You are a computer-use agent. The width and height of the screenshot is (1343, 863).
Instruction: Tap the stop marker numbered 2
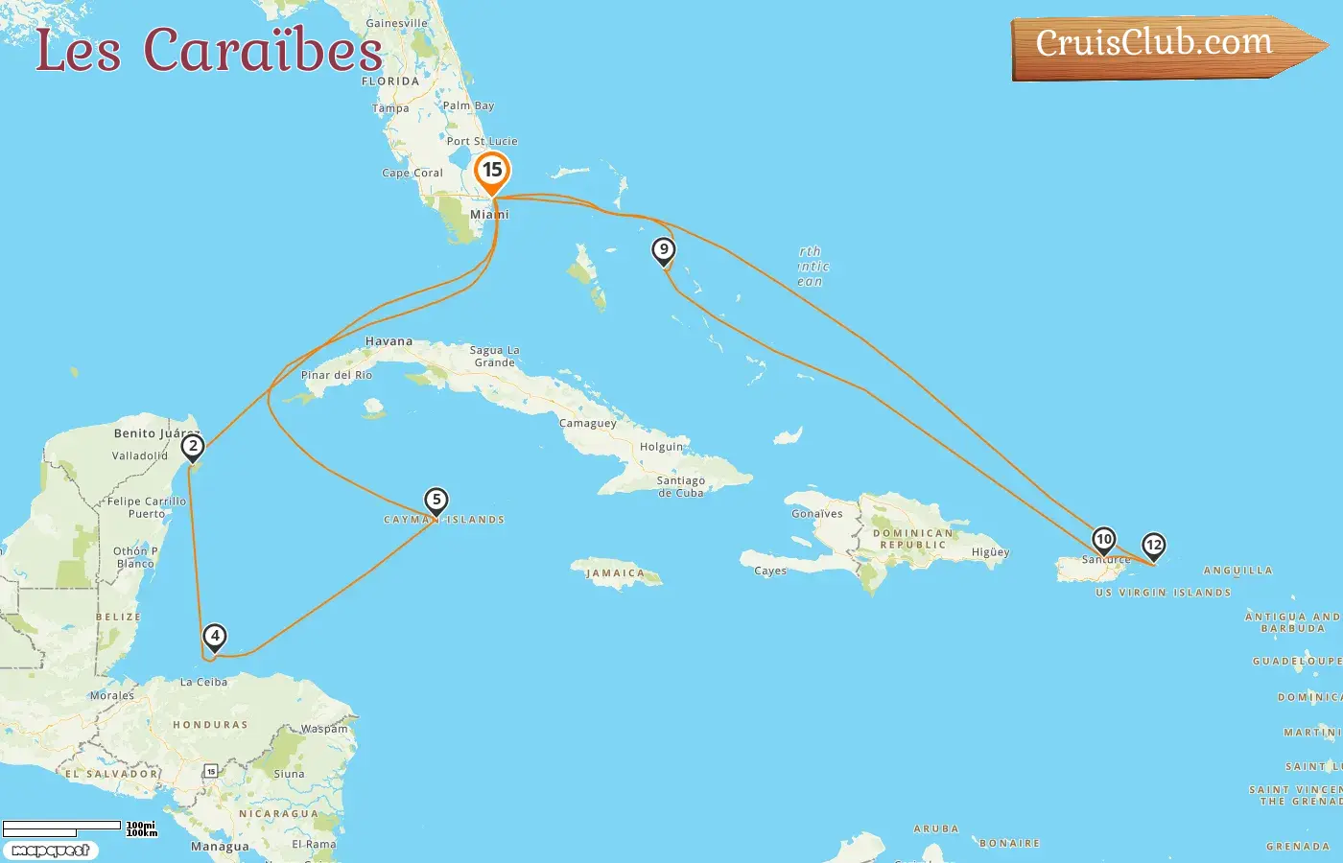(193, 447)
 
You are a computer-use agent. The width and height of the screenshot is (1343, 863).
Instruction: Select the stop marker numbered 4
(215, 637)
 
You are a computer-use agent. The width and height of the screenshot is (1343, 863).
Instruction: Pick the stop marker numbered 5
(436, 501)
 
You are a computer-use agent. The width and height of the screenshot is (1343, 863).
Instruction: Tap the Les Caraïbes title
(209, 50)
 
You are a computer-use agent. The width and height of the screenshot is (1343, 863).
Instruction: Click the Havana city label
(389, 341)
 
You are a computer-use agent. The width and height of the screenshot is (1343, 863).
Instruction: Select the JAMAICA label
(616, 573)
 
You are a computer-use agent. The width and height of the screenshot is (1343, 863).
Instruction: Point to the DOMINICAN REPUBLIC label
(913, 539)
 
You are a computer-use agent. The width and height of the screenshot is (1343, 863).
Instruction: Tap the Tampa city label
(390, 108)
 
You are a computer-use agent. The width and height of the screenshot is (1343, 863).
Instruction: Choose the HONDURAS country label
(210, 725)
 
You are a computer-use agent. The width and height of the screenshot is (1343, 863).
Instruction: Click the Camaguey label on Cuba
(588, 424)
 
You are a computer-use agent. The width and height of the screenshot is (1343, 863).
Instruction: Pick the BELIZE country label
(118, 617)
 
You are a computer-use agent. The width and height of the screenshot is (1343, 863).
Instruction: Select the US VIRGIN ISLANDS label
(1163, 593)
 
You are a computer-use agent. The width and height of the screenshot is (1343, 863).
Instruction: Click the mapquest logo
(50, 851)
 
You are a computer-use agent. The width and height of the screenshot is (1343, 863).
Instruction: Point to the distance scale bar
(63, 828)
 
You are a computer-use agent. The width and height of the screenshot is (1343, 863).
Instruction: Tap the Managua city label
(220, 847)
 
